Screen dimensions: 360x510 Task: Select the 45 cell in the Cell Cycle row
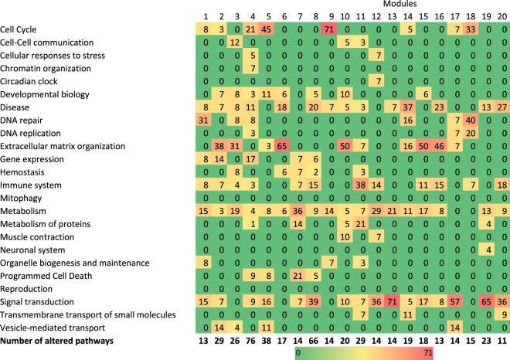pyautogui.click(x=267, y=29)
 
